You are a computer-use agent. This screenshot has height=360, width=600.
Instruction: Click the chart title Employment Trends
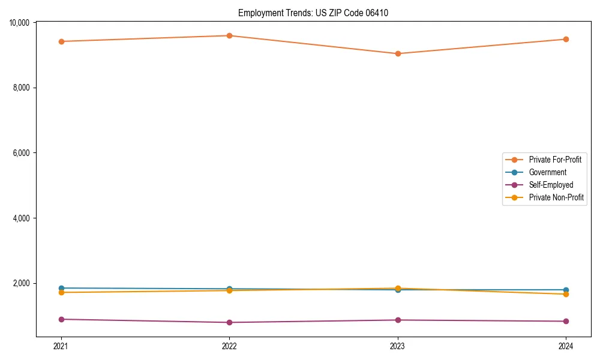click(x=313, y=13)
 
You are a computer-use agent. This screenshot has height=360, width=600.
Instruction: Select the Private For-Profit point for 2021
click(x=61, y=41)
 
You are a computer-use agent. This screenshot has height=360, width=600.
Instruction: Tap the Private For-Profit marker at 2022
click(x=229, y=35)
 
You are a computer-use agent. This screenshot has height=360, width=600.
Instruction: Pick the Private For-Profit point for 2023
click(x=398, y=53)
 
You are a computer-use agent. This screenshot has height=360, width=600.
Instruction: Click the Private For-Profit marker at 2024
click(x=566, y=39)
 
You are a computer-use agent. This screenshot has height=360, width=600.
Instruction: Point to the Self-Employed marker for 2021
click(x=61, y=319)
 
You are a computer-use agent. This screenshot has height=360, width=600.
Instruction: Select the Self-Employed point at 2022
click(x=229, y=322)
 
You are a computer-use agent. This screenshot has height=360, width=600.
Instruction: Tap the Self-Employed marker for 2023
click(x=398, y=320)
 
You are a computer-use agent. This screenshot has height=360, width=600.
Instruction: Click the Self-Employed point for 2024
click(x=566, y=321)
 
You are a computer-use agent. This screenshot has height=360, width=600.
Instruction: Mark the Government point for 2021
click(x=61, y=288)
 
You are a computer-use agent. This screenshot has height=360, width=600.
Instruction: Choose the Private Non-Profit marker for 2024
click(x=566, y=294)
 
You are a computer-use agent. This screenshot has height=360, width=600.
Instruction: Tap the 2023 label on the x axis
click(x=398, y=346)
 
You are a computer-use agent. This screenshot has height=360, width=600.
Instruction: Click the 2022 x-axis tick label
click(x=229, y=346)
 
